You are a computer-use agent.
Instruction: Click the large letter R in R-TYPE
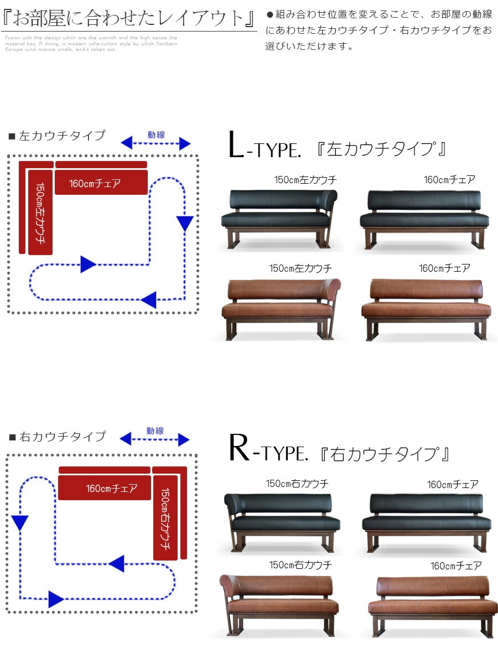click(240, 450)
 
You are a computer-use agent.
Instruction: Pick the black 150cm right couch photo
click(282, 520)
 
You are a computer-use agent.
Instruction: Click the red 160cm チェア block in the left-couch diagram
click(101, 183)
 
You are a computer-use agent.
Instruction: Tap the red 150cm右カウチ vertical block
click(165, 517)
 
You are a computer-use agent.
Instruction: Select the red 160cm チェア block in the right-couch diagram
click(104, 487)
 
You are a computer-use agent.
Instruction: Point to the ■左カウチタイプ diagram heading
click(57, 136)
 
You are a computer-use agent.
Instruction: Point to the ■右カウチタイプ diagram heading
click(58, 437)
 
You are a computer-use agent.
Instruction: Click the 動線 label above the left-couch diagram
click(156, 134)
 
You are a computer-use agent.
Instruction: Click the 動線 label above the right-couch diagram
click(155, 430)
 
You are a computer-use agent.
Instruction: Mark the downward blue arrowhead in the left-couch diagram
click(185, 224)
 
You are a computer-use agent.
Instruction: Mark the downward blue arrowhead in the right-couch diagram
click(20, 522)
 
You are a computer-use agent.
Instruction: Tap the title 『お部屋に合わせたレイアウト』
click(128, 18)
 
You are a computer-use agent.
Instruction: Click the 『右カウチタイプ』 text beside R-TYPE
click(385, 454)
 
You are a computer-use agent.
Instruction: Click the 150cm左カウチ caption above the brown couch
click(300, 268)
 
